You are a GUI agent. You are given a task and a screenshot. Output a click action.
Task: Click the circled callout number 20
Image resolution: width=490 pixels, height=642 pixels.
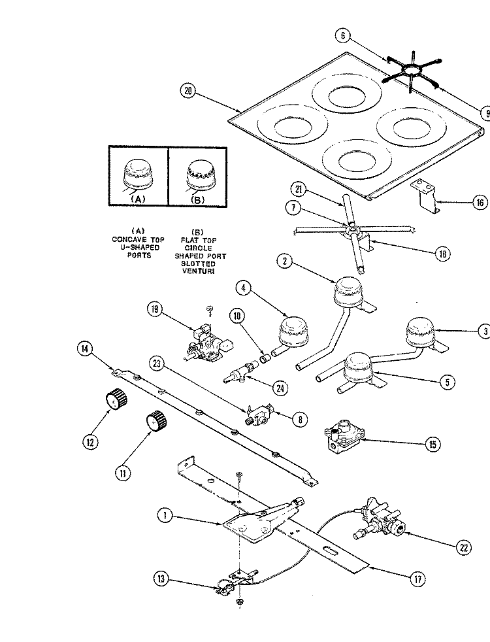click(x=188, y=90)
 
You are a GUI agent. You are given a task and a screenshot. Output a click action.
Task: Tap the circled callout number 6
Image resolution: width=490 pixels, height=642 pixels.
click(x=343, y=35)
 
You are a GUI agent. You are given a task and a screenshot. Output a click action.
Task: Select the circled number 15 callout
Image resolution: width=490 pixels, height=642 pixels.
click(x=433, y=444)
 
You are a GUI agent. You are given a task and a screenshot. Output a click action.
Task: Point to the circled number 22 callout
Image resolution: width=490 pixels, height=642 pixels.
click(x=463, y=547)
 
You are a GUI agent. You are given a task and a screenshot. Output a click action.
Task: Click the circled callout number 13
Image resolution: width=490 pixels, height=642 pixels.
click(x=161, y=579)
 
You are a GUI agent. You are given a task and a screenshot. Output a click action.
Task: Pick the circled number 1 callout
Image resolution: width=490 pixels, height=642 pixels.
click(x=165, y=515)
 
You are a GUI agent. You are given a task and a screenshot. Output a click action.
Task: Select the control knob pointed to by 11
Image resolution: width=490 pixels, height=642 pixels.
click(x=157, y=420)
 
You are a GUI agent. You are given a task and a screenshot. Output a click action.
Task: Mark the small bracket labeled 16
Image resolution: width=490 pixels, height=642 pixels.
click(x=425, y=196)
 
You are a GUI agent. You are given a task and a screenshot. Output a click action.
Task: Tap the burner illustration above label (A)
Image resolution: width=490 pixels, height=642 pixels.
click(x=138, y=175)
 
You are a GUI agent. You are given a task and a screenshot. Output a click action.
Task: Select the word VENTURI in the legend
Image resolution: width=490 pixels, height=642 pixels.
click(x=199, y=271)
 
